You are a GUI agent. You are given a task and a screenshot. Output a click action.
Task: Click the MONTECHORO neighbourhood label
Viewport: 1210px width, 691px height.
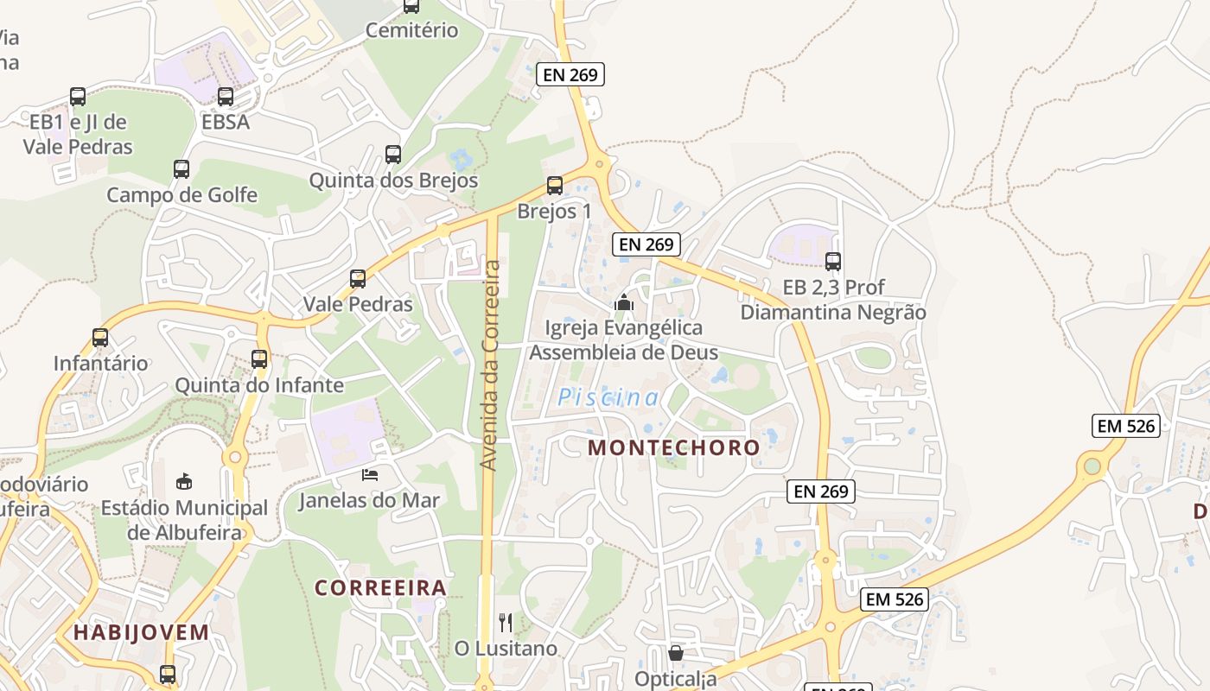pos(674,447)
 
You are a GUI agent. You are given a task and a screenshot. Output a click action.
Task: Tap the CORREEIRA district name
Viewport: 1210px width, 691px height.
pos(380,588)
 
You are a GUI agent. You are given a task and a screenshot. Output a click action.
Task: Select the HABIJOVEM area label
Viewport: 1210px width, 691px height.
pos(141,632)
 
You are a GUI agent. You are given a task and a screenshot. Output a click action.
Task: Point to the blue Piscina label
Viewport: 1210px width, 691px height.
pos(608,397)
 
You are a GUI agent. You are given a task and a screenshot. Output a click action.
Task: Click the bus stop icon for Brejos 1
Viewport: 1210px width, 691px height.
pos(555,186)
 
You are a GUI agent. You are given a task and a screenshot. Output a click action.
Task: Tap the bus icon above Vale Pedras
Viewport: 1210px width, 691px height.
pos(358,279)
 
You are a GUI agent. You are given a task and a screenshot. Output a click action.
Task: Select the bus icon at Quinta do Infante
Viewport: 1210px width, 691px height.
pos(259,359)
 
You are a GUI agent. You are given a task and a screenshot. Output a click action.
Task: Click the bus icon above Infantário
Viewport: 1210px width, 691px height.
pos(100,338)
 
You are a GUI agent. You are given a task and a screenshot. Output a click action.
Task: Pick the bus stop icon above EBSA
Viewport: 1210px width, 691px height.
pos(226,97)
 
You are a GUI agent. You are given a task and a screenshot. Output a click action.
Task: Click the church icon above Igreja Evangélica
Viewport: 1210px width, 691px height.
pos(624,302)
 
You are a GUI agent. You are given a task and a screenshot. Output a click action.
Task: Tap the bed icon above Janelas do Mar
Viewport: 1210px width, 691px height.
pos(370,475)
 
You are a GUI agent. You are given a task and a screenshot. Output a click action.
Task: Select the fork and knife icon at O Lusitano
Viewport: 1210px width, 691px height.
pos(506,622)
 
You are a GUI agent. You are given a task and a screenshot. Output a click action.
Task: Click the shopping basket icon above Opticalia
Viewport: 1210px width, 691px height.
pos(676,653)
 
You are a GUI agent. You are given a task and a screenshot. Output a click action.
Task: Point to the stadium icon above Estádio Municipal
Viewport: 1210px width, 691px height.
pos(184,481)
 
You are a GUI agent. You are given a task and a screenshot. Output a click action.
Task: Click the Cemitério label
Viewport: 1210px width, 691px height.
pos(411,30)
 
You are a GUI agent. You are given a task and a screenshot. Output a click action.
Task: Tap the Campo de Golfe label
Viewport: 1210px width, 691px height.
pos(181,195)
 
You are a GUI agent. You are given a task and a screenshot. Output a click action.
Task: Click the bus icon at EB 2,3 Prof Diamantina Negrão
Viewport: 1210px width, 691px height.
pos(833,262)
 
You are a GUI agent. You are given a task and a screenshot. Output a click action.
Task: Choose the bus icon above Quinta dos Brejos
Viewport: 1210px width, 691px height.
pos(393,155)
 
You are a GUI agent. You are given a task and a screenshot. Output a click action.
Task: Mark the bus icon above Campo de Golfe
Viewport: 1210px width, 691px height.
pos(181,169)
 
